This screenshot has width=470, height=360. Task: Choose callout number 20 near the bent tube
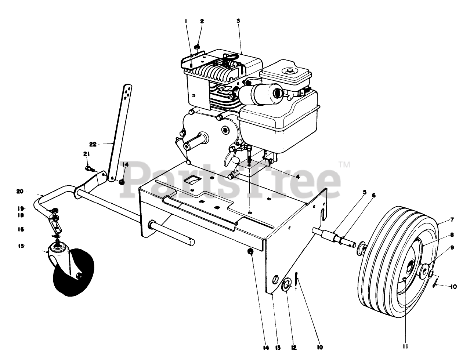click(19, 191)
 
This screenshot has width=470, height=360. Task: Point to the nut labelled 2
click(197, 47)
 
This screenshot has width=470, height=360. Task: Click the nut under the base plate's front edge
click(251, 252)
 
